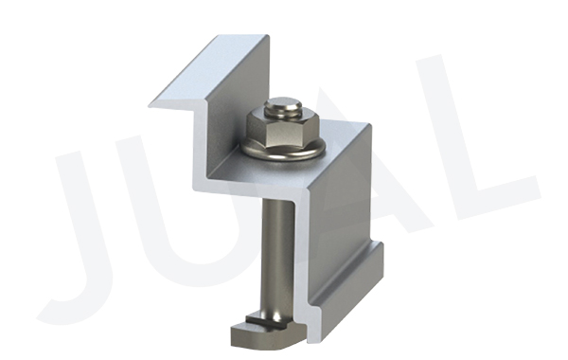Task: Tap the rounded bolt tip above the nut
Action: (282, 106)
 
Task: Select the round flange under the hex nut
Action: (282, 150)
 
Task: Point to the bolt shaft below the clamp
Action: (278, 254)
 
